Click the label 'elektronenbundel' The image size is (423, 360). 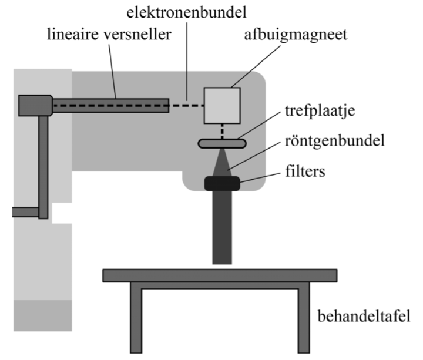point(186,13)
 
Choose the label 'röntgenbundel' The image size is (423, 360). point(335,141)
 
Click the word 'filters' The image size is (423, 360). point(305,171)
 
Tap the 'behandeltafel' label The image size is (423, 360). point(364,316)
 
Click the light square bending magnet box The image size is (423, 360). point(222,106)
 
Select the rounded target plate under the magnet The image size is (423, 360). point(222,143)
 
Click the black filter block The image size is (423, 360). point(222,184)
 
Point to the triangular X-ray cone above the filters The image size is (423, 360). point(222,164)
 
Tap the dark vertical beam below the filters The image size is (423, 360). point(222,228)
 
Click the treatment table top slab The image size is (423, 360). point(220,275)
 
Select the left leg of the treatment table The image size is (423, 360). point(136,318)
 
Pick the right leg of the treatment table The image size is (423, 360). point(304,318)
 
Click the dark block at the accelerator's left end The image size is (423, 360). point(35,106)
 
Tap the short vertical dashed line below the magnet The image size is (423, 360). point(222,132)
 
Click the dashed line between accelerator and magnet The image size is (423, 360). point(186,106)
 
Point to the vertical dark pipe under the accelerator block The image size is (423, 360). point(43,167)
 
